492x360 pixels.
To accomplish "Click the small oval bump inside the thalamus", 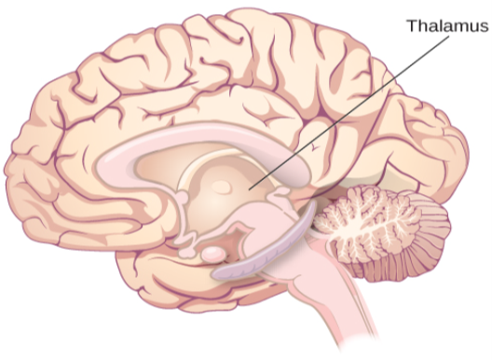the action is coord(221,187).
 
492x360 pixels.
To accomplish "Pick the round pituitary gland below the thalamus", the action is coord(214,252).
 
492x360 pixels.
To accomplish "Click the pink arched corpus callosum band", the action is coord(186,140).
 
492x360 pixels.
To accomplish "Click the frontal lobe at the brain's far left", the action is coord(37,168).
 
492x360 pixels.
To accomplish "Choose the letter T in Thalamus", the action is coord(411,24).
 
